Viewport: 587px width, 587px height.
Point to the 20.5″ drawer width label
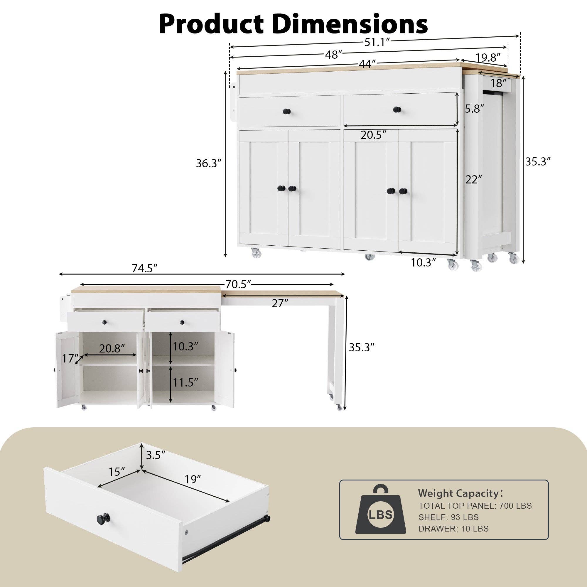[373, 135]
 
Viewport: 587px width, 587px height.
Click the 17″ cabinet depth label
[70, 359]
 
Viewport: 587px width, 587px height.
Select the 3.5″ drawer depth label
[156, 455]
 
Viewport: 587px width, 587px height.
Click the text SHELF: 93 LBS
[448, 517]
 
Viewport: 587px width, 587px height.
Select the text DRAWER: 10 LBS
[453, 529]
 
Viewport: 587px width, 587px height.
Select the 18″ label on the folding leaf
[499, 83]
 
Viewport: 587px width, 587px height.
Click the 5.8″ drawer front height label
[474, 109]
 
